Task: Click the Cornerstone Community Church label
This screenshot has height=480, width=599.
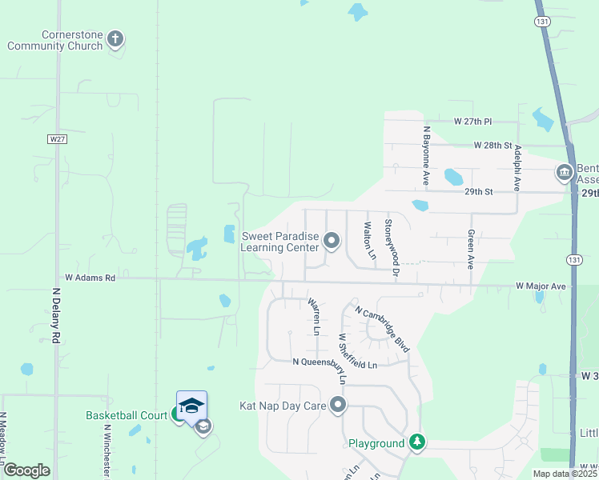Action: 54,41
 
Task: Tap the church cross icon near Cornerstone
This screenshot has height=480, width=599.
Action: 115,37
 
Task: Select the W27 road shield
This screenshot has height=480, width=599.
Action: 55,138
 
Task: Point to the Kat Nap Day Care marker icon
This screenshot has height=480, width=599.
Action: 338,405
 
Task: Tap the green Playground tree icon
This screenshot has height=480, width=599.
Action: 416,442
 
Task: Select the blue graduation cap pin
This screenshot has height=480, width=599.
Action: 191,406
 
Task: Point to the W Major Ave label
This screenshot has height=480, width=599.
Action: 541,286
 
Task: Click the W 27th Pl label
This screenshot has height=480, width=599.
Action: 472,122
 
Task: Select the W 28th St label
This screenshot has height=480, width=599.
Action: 492,146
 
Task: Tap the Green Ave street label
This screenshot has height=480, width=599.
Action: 471,250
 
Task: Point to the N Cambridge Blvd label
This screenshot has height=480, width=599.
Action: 383,329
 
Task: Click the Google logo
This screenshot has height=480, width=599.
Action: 26,470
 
